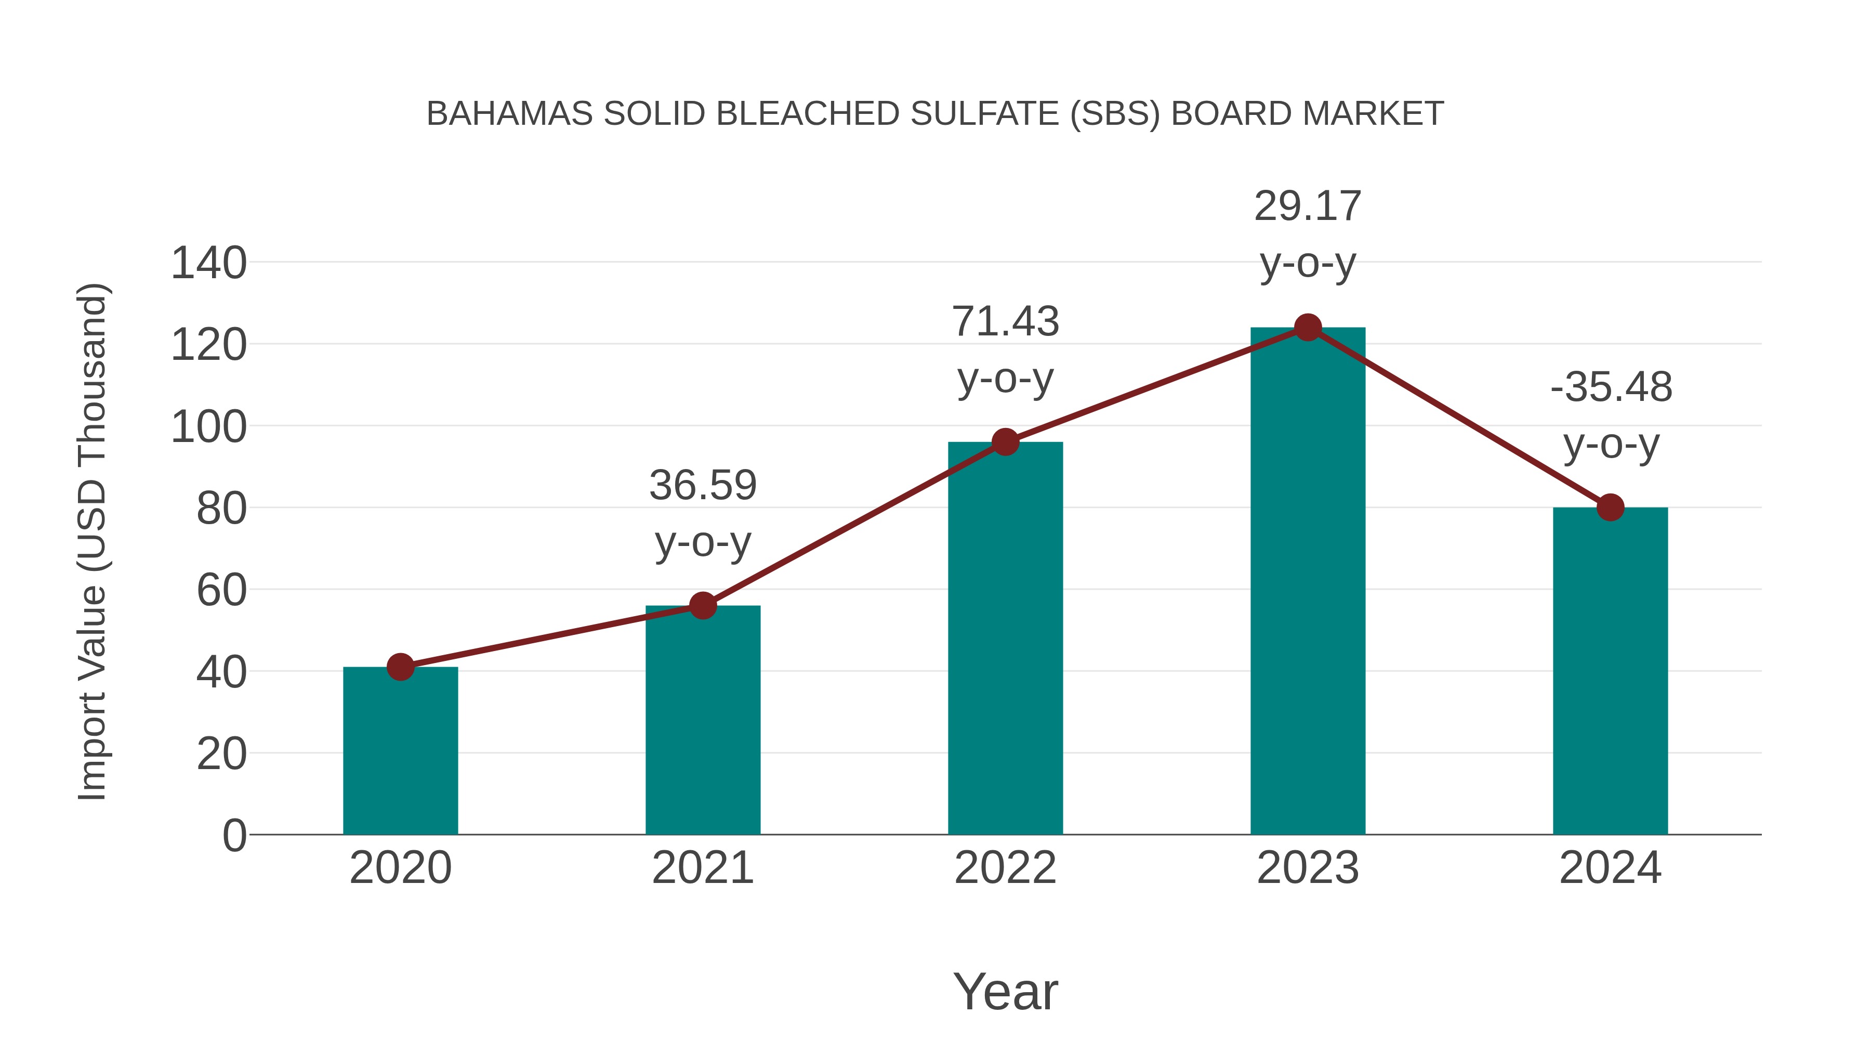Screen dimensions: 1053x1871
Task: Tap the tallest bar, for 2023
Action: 1308,581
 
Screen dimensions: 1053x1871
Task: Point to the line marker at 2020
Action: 400,667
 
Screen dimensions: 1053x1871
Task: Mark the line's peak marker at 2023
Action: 1308,328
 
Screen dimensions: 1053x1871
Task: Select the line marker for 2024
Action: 1610,507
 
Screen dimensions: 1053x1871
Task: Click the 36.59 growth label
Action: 702,486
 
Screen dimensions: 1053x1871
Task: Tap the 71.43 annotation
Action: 1005,322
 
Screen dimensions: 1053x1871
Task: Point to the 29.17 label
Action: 1308,206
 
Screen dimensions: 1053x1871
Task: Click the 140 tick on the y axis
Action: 208,263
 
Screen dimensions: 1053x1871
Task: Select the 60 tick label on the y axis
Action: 221,590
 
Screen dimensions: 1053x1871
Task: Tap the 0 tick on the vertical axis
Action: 234,836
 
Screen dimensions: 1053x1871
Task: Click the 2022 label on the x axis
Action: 1005,868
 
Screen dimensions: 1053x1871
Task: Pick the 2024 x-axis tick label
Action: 1610,868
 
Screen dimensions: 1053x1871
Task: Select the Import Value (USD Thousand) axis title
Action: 93,541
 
